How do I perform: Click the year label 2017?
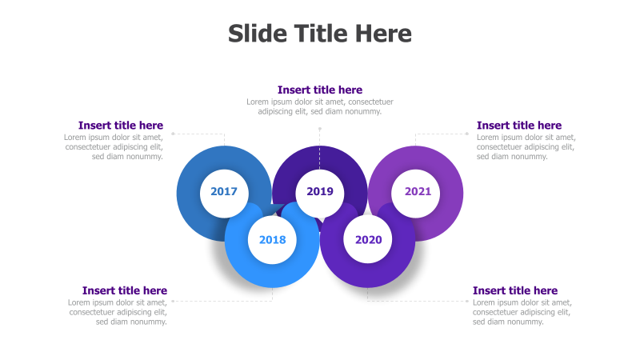[224, 192]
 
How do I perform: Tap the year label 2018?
[272, 240]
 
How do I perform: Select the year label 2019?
[319, 192]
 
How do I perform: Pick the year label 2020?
[368, 240]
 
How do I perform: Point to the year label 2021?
[418, 192]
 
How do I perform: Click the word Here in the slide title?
[383, 34]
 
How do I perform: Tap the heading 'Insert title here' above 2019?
[319, 90]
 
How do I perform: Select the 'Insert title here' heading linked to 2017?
[121, 126]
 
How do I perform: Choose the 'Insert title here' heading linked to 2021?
[519, 126]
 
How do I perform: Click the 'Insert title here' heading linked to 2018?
[125, 290]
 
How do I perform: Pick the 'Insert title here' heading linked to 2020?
[515, 290]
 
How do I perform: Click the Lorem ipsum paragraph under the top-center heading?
[319, 106]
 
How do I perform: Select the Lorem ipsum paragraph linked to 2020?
[522, 312]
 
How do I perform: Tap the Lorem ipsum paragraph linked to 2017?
[114, 146]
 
